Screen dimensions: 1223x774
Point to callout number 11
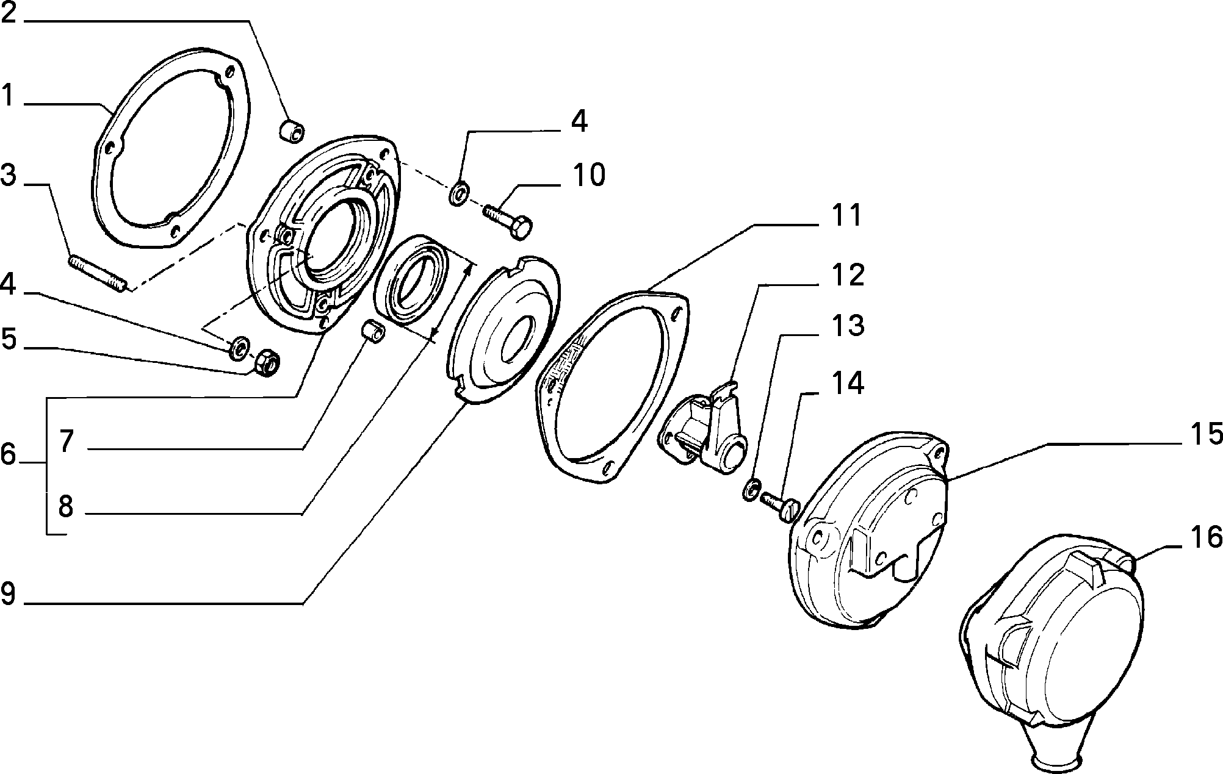pos(845,215)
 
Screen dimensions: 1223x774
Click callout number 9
pos(8,594)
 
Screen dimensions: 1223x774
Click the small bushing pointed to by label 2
pos(292,132)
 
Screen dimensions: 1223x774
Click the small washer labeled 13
pos(752,489)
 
